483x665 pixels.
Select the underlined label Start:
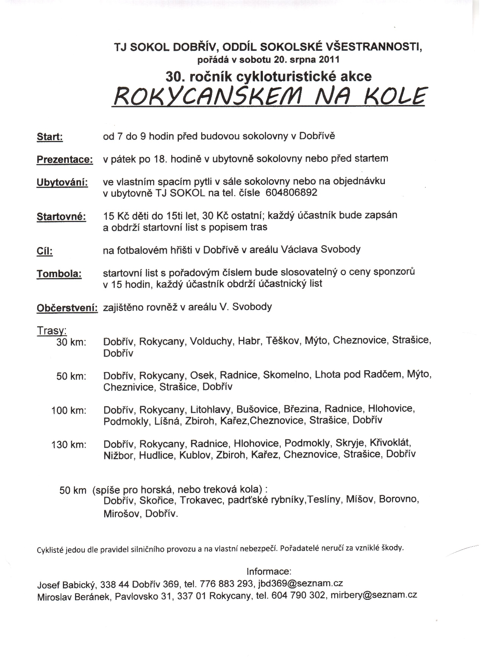[50, 137]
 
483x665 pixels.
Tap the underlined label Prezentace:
[64, 160]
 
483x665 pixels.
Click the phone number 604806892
[292, 193]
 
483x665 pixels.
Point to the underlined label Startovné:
[61, 217]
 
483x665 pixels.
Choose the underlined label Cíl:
[45, 251]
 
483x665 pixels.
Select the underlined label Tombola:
[59, 274]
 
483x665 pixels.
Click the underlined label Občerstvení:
[67, 308]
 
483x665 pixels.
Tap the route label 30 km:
[71, 342]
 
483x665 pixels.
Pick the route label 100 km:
[69, 410]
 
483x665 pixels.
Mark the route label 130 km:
[69, 444]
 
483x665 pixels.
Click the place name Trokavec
[201, 500]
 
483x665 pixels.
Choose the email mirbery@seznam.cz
[374, 595]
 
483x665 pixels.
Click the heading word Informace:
[269, 571]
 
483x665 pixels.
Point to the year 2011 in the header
[330, 59]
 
